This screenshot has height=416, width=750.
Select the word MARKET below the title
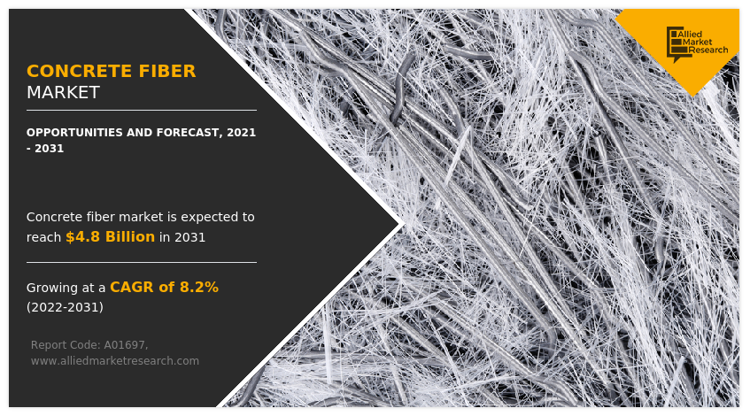(x=63, y=93)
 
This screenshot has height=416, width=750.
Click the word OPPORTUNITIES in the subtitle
(x=74, y=133)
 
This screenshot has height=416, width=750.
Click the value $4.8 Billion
(x=110, y=237)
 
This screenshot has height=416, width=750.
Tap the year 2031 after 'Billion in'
(x=189, y=237)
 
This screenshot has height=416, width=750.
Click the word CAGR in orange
(x=131, y=288)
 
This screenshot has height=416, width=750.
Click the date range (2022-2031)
(x=65, y=307)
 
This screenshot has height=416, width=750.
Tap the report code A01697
(x=126, y=344)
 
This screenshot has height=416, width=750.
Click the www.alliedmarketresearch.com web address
(x=114, y=361)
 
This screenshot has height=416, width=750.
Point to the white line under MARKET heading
(x=142, y=110)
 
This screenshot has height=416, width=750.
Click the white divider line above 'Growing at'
(x=142, y=262)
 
